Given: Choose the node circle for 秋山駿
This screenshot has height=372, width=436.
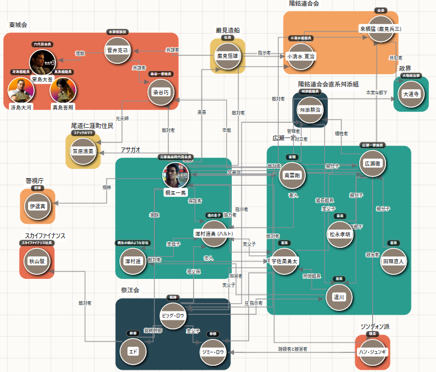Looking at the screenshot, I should point(36,260).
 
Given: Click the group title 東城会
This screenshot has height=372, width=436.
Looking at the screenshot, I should point(19,25).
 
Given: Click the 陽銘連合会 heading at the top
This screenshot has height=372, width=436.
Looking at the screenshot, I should point(304,4).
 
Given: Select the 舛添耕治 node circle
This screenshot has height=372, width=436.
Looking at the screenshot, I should point(310,109).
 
